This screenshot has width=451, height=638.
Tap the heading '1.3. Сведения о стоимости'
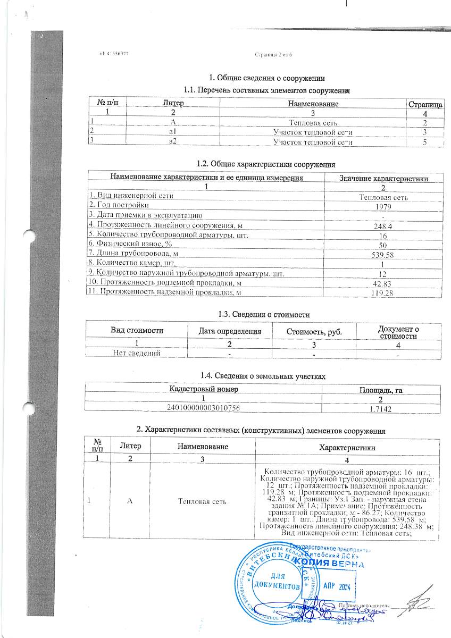(x=264, y=315)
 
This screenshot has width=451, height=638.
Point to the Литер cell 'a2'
(x=173, y=142)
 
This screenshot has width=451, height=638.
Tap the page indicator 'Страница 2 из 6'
(x=274, y=55)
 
